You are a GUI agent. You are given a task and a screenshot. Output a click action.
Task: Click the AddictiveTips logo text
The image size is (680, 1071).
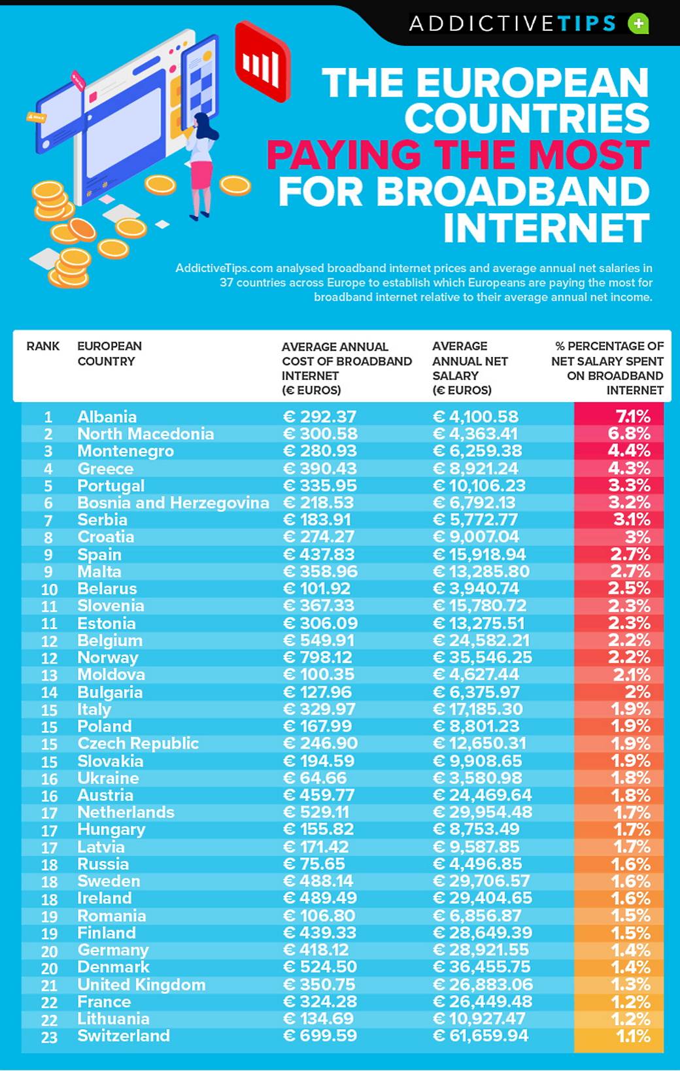(x=513, y=24)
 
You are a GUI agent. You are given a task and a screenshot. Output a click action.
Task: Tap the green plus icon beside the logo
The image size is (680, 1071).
(x=638, y=24)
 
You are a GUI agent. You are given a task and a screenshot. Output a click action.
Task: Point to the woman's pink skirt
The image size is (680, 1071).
(x=201, y=174)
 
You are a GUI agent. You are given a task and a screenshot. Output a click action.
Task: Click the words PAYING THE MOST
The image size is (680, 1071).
(x=458, y=155)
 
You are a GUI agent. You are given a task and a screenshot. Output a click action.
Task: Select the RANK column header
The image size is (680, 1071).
(x=43, y=346)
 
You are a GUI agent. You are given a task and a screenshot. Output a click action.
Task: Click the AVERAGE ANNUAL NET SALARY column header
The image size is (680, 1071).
(x=469, y=368)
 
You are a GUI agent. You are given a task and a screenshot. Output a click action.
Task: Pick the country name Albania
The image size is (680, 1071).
(x=107, y=416)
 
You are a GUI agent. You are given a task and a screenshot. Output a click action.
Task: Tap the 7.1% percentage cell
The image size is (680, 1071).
(x=632, y=416)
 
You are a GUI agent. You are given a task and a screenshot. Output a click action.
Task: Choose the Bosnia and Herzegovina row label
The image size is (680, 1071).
(x=173, y=503)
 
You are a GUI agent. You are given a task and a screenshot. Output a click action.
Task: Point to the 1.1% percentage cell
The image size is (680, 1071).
(x=633, y=1036)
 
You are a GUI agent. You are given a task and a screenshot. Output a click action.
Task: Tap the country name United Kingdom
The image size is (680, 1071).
(x=141, y=984)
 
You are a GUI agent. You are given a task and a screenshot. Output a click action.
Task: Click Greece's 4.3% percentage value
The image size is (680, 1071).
(x=629, y=468)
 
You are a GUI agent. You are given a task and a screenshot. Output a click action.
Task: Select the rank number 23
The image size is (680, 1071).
(x=49, y=1037)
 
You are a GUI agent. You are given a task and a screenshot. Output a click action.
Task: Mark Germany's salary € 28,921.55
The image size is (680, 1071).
(x=481, y=949)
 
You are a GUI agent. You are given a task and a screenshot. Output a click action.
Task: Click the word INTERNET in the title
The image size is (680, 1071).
(x=546, y=228)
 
